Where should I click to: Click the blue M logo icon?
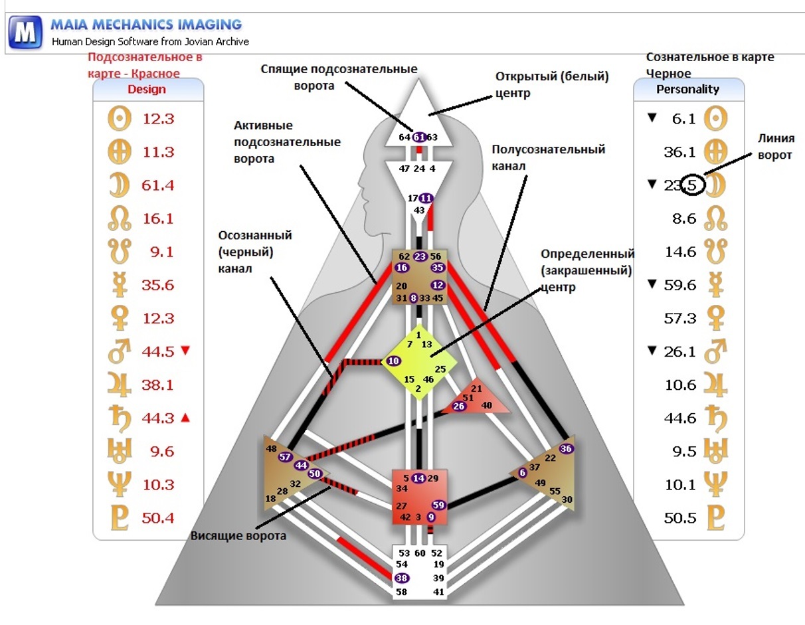[25, 33]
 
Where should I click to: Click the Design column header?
[147, 90]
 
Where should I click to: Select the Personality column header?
[687, 89]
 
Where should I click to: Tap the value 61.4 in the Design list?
[157, 185]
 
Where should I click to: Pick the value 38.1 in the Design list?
[157, 385]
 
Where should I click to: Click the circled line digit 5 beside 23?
[691, 186]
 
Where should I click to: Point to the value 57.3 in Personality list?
[680, 318]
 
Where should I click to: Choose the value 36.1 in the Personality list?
[680, 152]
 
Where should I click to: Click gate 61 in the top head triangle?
[419, 137]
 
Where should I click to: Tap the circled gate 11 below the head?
[426, 198]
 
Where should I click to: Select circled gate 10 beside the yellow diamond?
[393, 361]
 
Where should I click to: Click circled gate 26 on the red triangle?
[459, 406]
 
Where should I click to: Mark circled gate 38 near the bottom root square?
[401, 578]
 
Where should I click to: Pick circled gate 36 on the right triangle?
[567, 448]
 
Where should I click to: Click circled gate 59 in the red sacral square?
[438, 505]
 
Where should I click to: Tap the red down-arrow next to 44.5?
[185, 351]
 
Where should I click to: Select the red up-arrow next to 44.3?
[185, 418]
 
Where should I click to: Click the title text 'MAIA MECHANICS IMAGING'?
[146, 25]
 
